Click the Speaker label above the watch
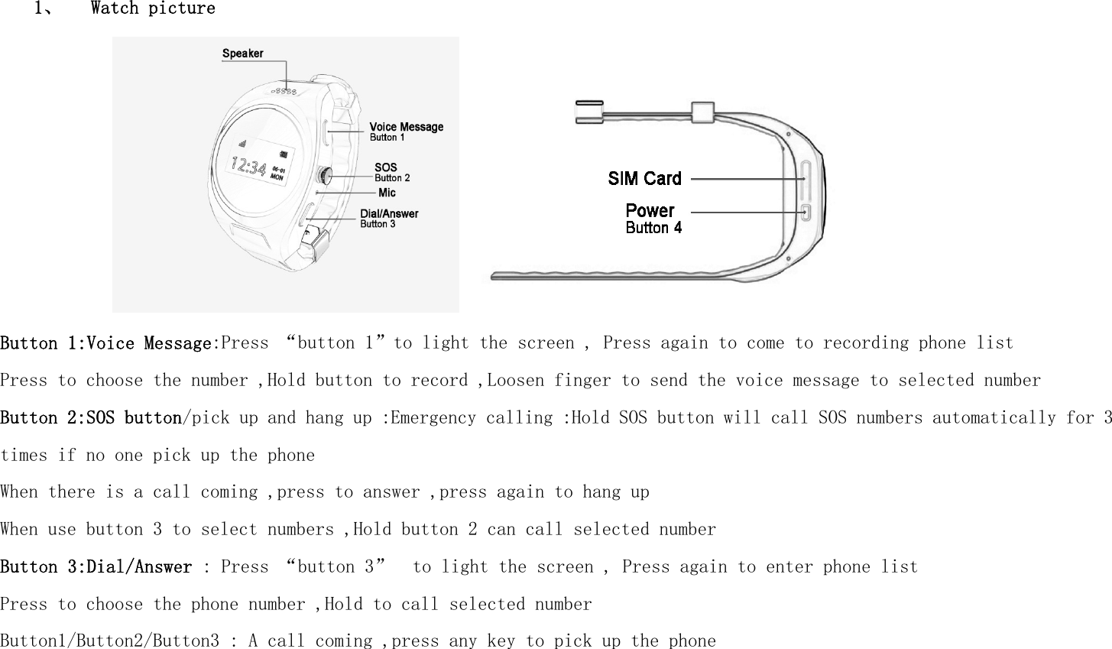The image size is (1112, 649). click(242, 54)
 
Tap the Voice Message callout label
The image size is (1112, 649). click(406, 127)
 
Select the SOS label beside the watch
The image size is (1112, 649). click(386, 167)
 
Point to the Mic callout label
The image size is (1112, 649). click(387, 193)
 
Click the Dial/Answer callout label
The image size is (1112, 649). click(389, 214)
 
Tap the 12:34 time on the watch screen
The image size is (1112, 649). click(249, 165)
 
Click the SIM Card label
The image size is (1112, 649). click(644, 179)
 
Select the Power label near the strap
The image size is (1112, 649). click(650, 210)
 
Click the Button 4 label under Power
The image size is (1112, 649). click(653, 228)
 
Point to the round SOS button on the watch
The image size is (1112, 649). click(325, 176)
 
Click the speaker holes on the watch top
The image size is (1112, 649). click(286, 91)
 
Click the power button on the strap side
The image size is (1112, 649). click(807, 212)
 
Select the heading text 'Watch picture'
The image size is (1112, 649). click(153, 9)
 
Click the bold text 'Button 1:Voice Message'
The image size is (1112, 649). click(105, 343)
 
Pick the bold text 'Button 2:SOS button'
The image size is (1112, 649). click(91, 418)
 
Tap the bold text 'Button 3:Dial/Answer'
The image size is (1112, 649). click(96, 567)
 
